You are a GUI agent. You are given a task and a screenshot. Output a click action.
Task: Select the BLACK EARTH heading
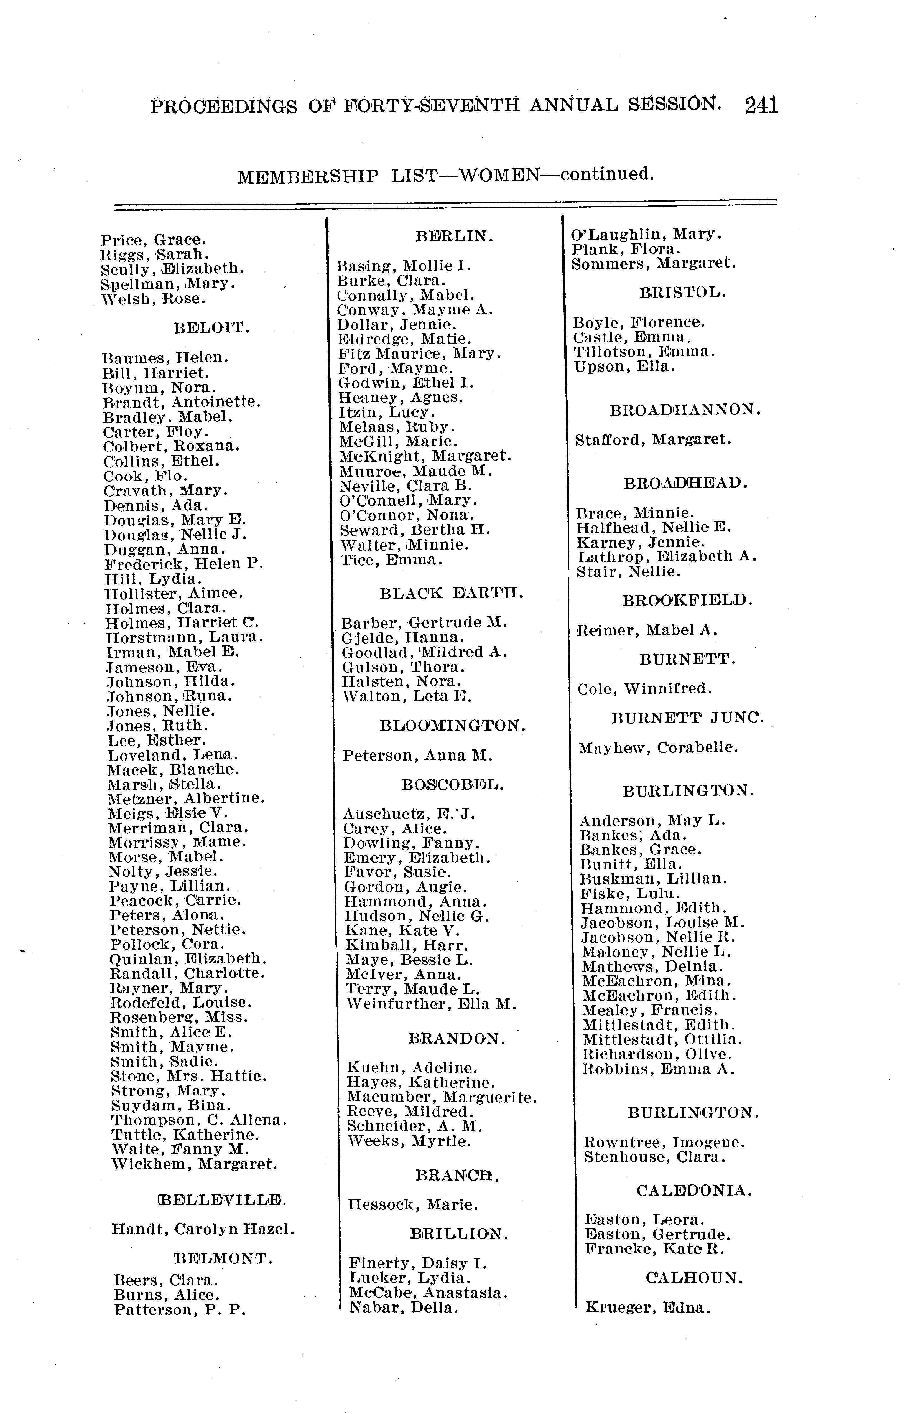[x=451, y=593]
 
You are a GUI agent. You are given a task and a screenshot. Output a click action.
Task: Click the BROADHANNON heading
[x=685, y=410]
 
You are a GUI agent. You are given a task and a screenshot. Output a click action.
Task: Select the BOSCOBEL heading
[x=452, y=784]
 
